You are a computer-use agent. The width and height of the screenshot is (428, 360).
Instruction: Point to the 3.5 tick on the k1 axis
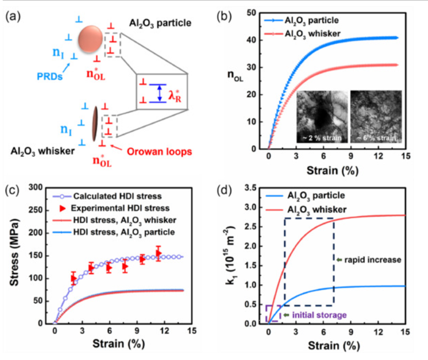[257, 187]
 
